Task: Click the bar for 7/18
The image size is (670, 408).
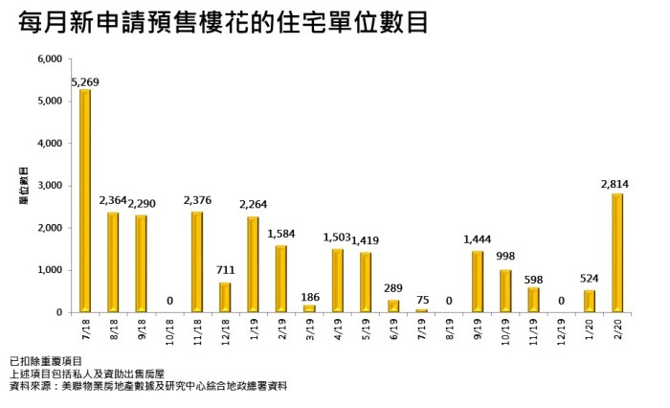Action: click(x=85, y=200)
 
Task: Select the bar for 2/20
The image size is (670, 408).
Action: click(x=617, y=253)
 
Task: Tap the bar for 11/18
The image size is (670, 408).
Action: click(x=197, y=261)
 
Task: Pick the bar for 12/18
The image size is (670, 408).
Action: click(x=225, y=297)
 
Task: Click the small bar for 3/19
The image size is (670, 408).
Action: click(x=309, y=308)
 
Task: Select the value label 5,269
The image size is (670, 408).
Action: click(x=85, y=81)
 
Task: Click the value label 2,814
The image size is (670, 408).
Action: click(x=614, y=185)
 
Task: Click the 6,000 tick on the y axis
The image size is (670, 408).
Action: click(x=50, y=59)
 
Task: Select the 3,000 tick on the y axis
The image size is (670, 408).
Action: click(x=50, y=186)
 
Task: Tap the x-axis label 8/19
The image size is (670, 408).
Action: click(x=450, y=330)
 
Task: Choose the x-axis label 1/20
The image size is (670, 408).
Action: click(x=590, y=330)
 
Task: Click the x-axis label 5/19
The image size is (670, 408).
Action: click(x=366, y=330)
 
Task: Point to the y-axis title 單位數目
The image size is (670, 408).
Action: click(x=22, y=186)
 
